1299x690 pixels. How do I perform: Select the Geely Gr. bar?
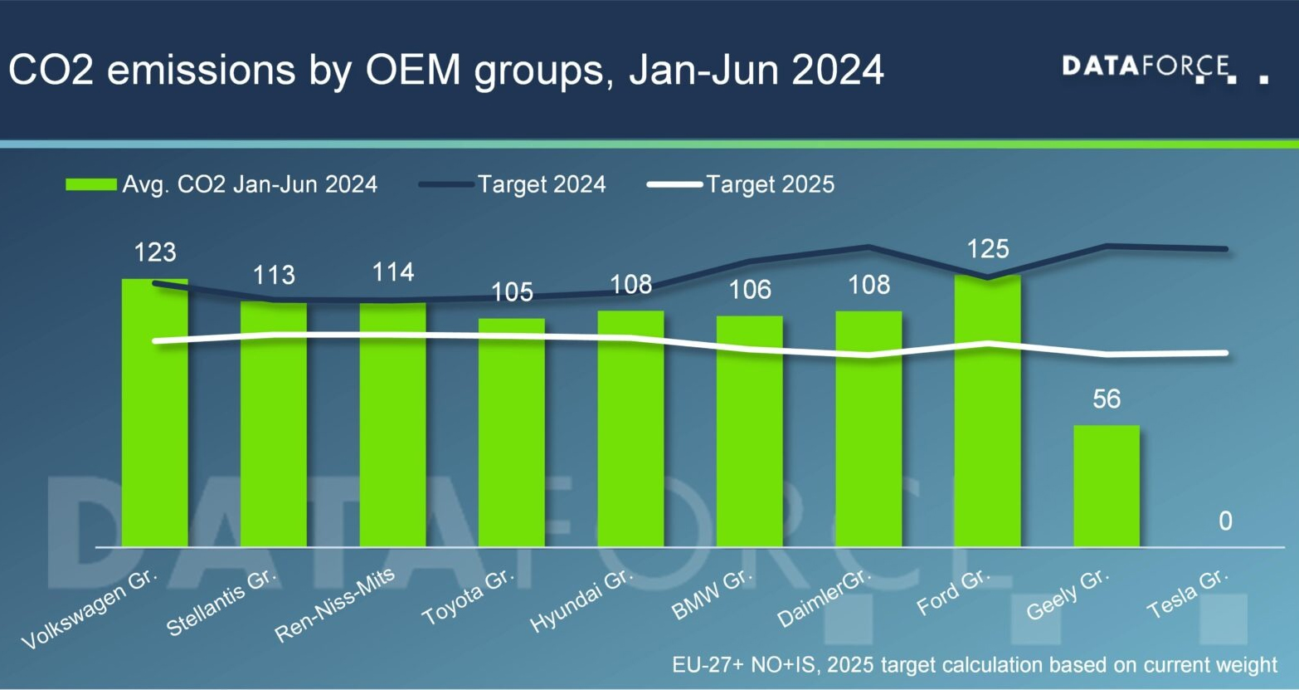(1107, 486)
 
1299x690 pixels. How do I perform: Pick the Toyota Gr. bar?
(512, 433)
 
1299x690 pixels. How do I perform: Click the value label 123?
(155, 252)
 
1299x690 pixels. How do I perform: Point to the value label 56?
(1107, 399)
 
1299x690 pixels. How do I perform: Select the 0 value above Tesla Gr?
(1225, 521)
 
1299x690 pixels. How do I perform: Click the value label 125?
(987, 248)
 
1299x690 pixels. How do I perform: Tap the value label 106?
(749, 289)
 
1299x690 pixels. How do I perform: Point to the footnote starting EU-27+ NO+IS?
(975, 665)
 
